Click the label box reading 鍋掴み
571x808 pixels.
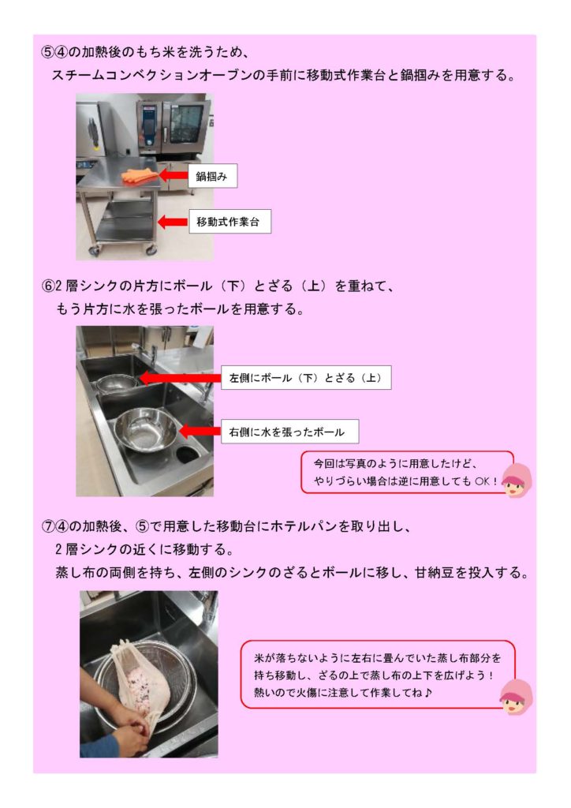pyautogui.click(x=212, y=176)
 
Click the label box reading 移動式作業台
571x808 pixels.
pyautogui.click(x=230, y=222)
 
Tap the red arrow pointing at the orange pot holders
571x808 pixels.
pyautogui.click(x=173, y=175)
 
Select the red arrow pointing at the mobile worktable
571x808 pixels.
pyautogui.click(x=173, y=222)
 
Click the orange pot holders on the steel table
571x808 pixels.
pyautogui.click(x=140, y=176)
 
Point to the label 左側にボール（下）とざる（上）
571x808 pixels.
pyautogui.click(x=306, y=378)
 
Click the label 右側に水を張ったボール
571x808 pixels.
pyautogui.click(x=290, y=432)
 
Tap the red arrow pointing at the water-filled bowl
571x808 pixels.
pyautogui.click(x=200, y=431)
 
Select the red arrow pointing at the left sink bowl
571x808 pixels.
pyautogui.click(x=180, y=378)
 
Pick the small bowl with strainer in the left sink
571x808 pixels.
pyautogui.click(x=117, y=383)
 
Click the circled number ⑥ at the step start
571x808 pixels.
pyautogui.click(x=48, y=286)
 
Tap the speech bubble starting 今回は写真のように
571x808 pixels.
pyautogui.click(x=407, y=472)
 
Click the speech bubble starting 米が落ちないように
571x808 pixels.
pyautogui.click(x=378, y=674)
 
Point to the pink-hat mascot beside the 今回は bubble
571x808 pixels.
pyautogui.click(x=517, y=481)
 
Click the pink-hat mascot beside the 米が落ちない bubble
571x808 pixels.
pyautogui.click(x=517, y=697)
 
